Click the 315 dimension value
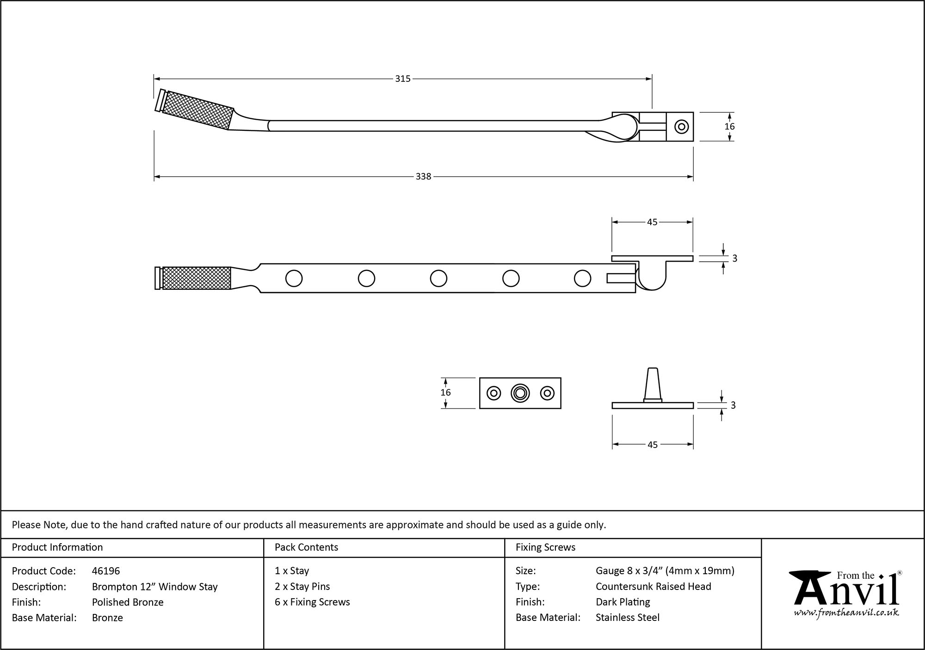coord(403,79)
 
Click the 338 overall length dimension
coord(423,177)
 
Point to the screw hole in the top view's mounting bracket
coord(681,126)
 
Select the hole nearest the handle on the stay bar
coord(294,278)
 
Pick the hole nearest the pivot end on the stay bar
coord(582,278)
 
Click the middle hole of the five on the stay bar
coord(438,278)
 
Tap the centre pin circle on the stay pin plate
coord(520,393)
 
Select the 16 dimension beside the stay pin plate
coord(445,392)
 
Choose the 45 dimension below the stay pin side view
coord(652,445)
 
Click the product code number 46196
coord(106,571)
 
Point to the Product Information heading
coord(57,547)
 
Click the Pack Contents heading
coord(306,547)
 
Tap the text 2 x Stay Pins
coord(302,587)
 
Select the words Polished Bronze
coord(128,602)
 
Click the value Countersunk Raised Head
coord(653,587)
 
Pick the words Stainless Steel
coord(628,618)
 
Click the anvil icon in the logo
coord(809,587)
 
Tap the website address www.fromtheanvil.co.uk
coord(846,613)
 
